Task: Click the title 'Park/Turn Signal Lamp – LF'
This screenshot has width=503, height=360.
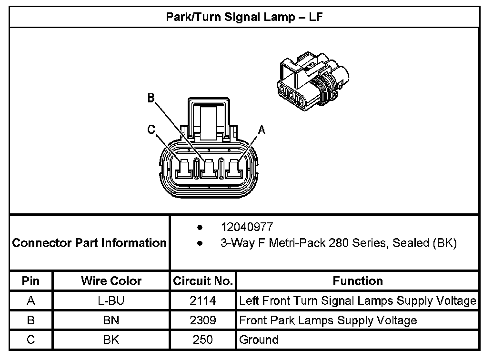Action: (245, 17)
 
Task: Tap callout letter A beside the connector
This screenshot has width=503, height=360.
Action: (261, 129)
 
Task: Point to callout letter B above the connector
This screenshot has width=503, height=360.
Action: (151, 99)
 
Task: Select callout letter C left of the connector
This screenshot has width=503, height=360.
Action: (151, 130)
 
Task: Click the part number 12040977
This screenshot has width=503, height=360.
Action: (247, 227)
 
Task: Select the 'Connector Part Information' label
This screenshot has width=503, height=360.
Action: (90, 243)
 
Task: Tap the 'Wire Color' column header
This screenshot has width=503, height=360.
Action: (111, 281)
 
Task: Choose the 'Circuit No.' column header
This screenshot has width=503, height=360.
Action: (203, 281)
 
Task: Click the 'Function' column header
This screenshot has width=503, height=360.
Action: (358, 281)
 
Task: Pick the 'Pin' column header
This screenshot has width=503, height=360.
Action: (31, 281)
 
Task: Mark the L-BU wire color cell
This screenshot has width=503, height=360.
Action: (111, 301)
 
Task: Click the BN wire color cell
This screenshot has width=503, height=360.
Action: (111, 320)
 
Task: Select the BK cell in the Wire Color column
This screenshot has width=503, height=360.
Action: (111, 340)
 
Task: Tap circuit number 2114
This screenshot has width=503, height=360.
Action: (203, 301)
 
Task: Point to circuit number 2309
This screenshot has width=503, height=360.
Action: (203, 320)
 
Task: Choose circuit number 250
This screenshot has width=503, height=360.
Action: (203, 340)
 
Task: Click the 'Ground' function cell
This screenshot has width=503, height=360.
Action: (259, 340)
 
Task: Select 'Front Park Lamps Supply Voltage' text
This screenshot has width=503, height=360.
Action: (328, 320)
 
